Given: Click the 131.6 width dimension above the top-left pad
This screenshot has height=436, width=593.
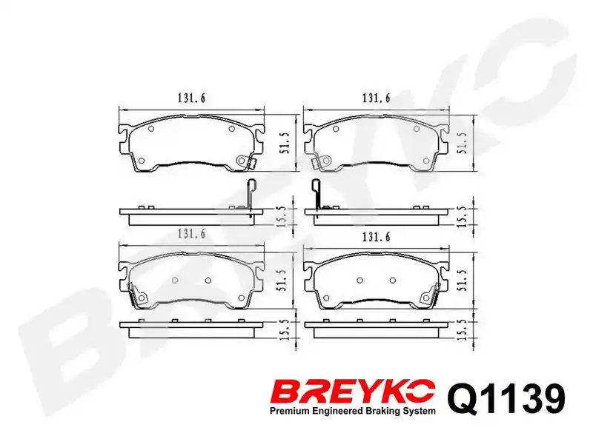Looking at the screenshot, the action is pos(191,98).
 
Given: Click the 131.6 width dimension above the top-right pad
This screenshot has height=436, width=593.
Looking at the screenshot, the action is pos(376,98).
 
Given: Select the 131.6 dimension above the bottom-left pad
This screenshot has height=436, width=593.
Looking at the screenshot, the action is pos(191,234).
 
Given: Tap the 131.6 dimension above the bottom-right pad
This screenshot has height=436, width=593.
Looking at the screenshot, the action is pos(376,238).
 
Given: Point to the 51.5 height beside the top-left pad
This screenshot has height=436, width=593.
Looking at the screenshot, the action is pos(285,143).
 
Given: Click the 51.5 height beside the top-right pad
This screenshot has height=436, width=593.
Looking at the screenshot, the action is pos(463,143).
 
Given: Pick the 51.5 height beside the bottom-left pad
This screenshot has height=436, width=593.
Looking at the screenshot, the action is pos(285,281).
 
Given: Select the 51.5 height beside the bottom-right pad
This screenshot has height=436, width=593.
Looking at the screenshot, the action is pos(463,281).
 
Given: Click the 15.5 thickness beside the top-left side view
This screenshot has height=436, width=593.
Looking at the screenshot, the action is pos(283,217).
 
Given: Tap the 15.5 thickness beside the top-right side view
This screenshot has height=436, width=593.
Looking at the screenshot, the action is pos(463,217).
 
